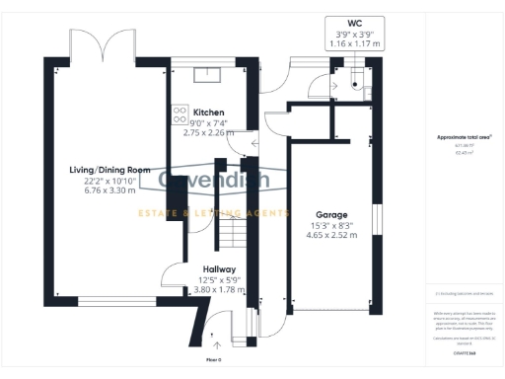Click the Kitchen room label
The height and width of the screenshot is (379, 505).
208,113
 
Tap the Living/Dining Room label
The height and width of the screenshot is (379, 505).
108,170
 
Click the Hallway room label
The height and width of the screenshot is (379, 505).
218,268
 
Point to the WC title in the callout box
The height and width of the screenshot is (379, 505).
354,22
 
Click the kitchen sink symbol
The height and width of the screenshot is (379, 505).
208,71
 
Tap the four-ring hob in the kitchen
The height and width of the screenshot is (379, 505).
180,114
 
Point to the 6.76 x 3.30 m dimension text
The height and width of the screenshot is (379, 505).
108,192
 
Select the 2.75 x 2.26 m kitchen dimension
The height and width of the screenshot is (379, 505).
208,132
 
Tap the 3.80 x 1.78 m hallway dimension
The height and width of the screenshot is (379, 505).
218,290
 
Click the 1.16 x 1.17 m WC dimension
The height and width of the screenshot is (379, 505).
354,44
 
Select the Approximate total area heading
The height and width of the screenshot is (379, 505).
464,137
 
